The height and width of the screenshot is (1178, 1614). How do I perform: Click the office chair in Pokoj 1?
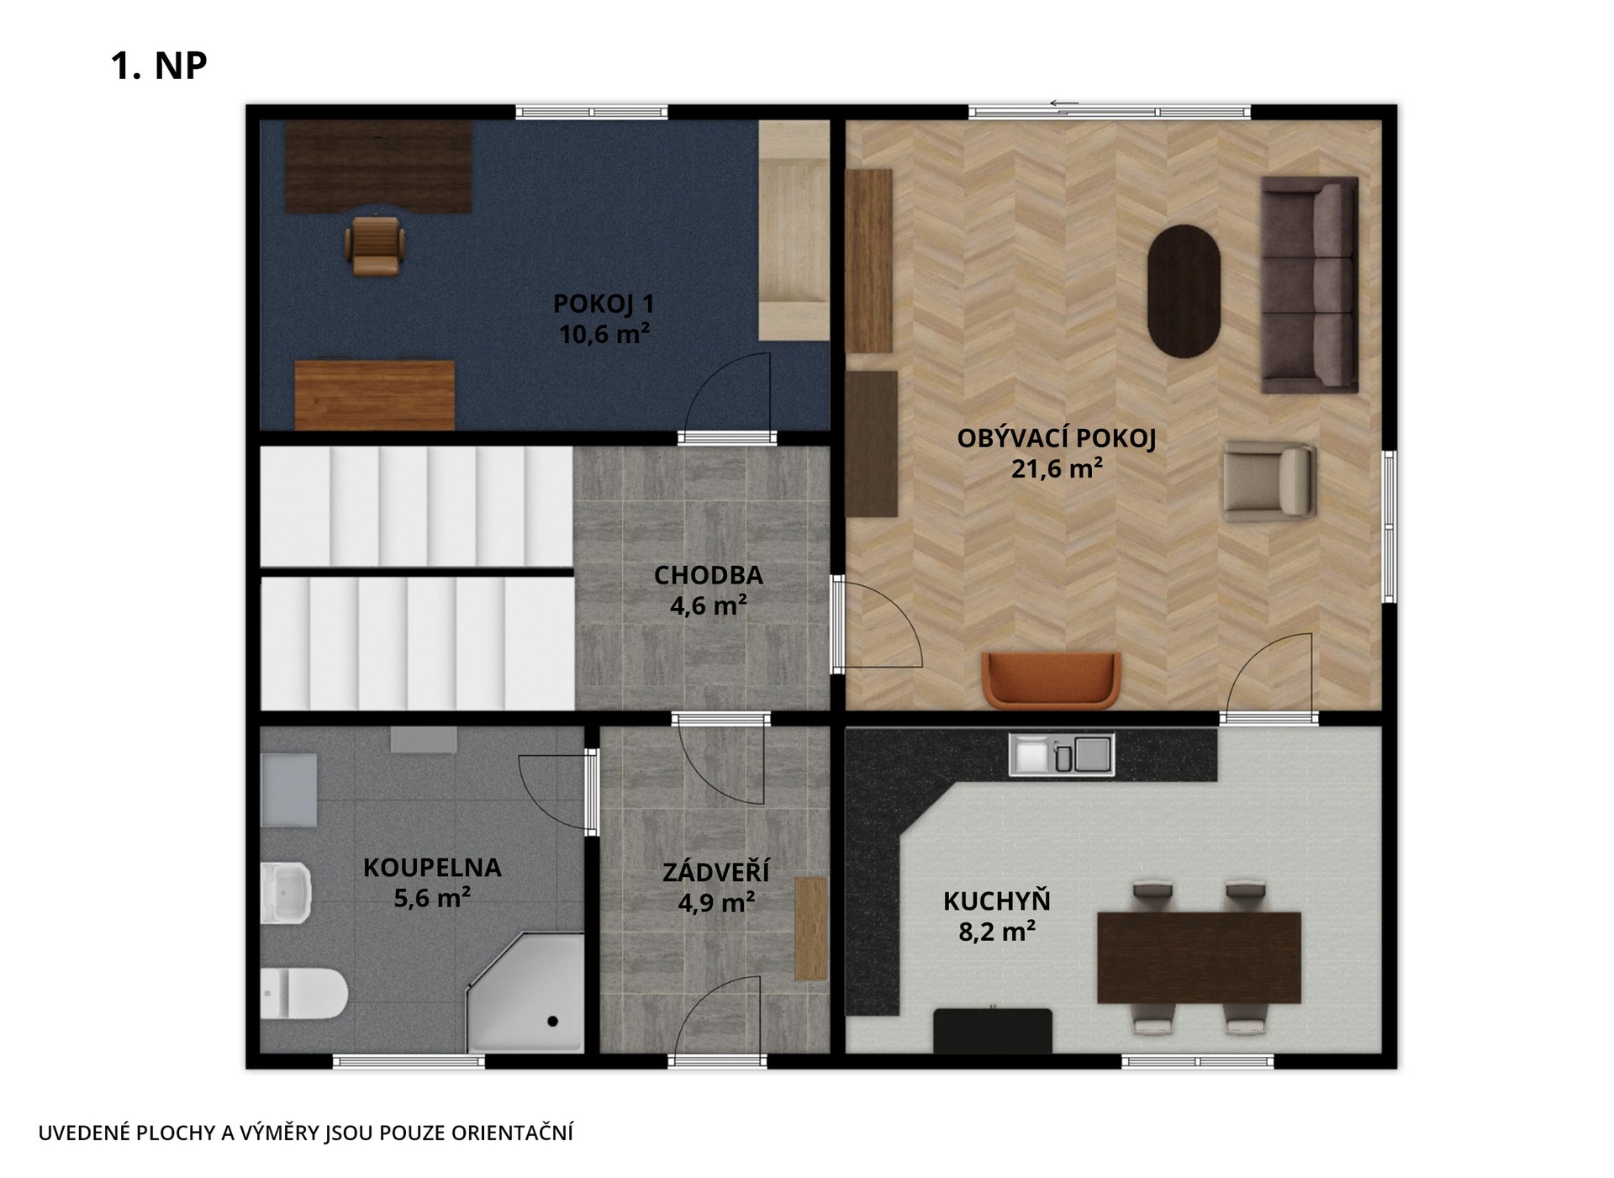(x=375, y=246)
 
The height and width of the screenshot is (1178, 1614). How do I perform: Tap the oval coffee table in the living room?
(x=1184, y=291)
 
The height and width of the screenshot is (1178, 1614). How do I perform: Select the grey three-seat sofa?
(x=1310, y=284)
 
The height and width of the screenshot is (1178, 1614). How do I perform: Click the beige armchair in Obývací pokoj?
(x=1269, y=481)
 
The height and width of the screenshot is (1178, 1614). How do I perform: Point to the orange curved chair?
(x=1052, y=679)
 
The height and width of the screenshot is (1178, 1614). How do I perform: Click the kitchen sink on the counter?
(x=1062, y=754)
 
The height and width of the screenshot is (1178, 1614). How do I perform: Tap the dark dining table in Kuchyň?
(x=1199, y=958)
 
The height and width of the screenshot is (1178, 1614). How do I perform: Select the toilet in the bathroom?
(x=303, y=993)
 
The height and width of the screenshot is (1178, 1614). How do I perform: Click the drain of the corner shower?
(x=552, y=1022)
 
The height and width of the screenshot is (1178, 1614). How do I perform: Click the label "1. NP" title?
(x=159, y=66)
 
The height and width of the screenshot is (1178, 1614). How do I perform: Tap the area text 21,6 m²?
(x=1057, y=468)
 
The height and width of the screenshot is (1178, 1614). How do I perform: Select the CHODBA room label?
(x=709, y=575)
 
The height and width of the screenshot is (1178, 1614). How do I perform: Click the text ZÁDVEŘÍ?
(x=715, y=871)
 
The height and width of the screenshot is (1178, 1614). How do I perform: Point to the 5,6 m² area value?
(x=432, y=898)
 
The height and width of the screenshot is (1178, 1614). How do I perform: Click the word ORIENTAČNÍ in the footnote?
(x=512, y=1133)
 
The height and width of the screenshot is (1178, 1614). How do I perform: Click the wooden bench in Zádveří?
(x=811, y=928)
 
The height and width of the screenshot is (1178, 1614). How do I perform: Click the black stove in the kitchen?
(x=993, y=1030)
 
